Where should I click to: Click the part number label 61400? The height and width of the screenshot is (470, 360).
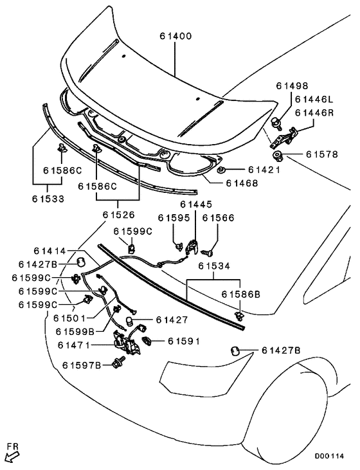click(x=175, y=36)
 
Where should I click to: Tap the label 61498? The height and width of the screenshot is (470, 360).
click(x=292, y=86)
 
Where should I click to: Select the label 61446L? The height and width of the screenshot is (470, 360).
click(x=314, y=99)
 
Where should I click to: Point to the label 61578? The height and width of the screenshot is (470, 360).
click(x=321, y=154)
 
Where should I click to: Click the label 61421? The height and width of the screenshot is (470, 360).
click(x=264, y=170)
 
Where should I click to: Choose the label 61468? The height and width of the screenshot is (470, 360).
click(x=242, y=183)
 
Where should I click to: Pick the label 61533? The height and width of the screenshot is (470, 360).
click(x=48, y=199)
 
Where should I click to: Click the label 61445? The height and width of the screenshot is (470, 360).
click(x=196, y=204)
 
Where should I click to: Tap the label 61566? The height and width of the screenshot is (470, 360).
click(x=218, y=218)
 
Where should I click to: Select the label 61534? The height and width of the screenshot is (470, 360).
click(x=214, y=266)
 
